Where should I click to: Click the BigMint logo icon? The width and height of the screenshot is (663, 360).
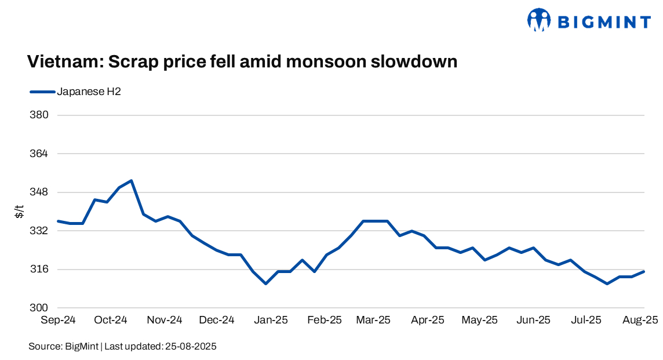539,20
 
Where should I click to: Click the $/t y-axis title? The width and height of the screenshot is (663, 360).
20,212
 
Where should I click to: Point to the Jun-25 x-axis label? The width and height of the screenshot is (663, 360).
533,320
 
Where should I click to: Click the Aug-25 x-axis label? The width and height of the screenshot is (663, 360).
640,320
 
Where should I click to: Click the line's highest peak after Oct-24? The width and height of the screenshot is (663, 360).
132,181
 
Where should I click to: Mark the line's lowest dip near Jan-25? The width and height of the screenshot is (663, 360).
265,283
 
